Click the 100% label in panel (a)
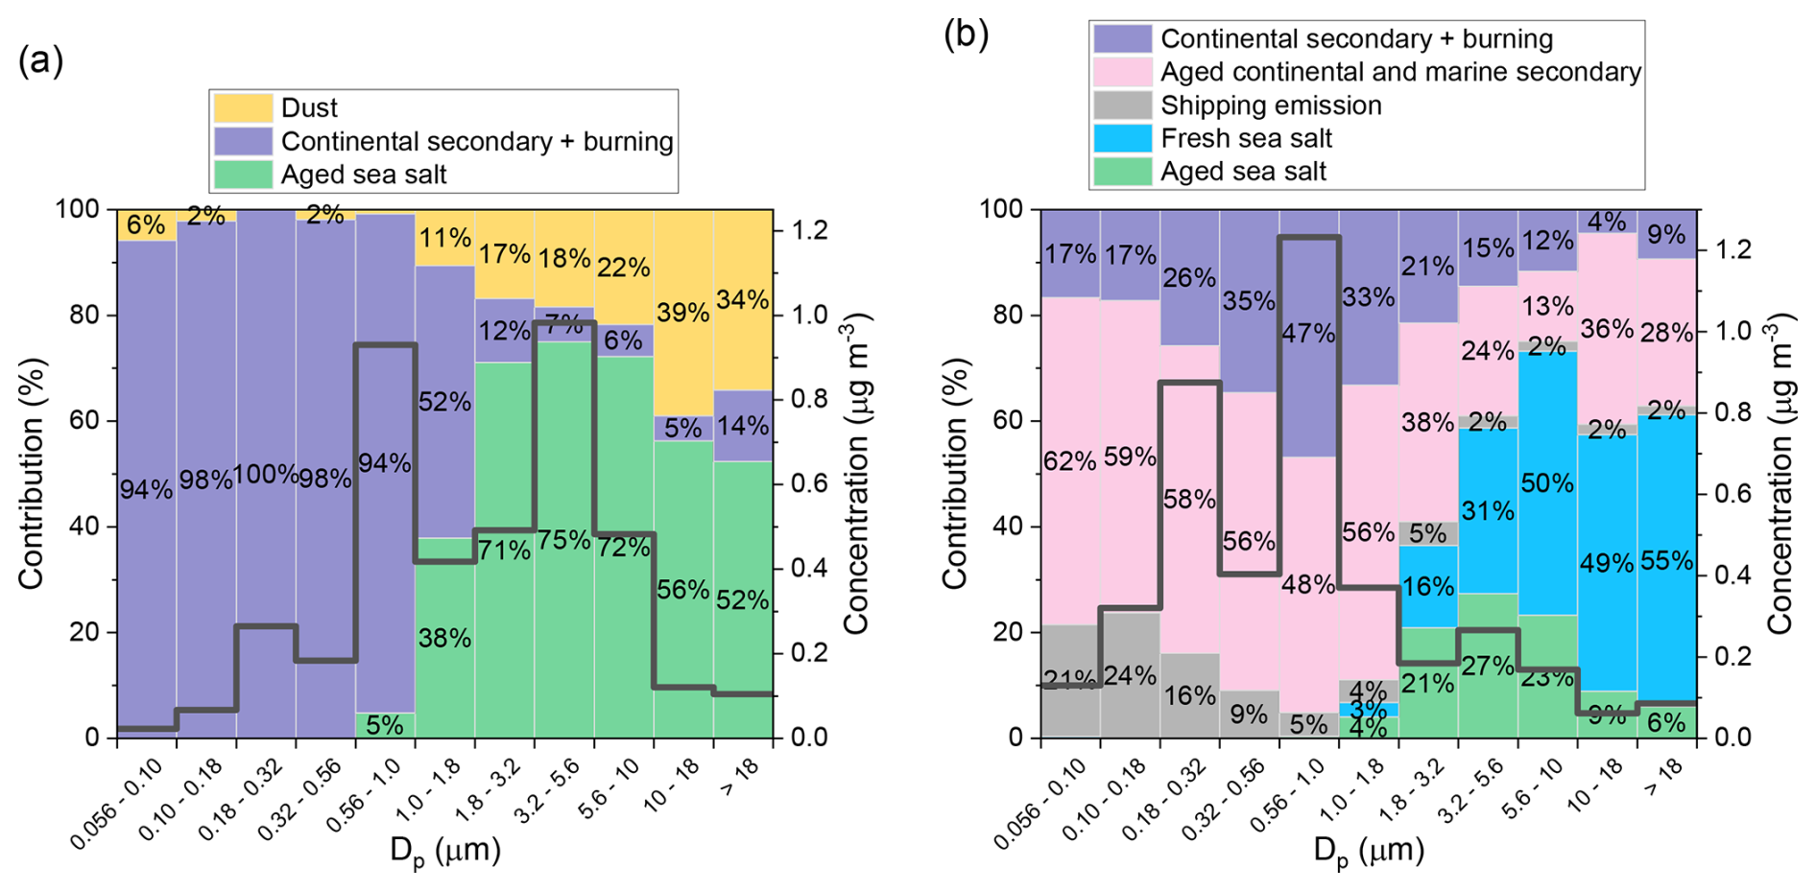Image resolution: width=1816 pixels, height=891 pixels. (x=267, y=475)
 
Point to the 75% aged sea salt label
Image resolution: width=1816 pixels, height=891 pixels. (x=564, y=540)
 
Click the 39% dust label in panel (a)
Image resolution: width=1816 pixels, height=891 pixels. (x=683, y=312)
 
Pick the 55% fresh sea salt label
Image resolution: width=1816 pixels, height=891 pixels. (x=1667, y=560)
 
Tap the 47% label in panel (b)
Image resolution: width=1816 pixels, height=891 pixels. (x=1307, y=333)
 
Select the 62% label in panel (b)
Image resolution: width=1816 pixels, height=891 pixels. (x=1070, y=461)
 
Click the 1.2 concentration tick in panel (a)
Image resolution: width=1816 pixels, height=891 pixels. (x=806, y=230)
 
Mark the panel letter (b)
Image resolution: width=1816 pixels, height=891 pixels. (x=967, y=35)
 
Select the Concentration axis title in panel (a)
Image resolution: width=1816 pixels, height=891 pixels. (x=854, y=473)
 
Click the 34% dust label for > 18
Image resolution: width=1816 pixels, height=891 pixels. (x=742, y=300)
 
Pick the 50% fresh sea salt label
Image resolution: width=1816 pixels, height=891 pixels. (x=1547, y=484)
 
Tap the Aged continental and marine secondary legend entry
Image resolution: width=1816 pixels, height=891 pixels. (x=1400, y=72)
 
